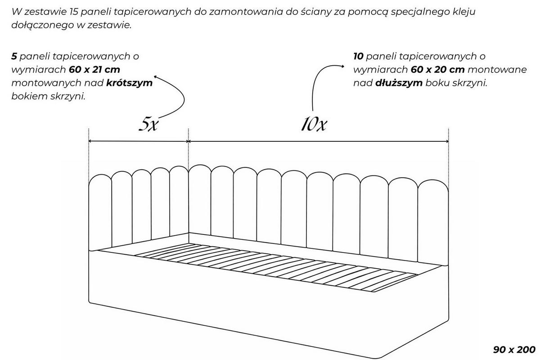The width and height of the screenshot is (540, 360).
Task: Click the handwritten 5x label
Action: pyautogui.click(x=148, y=124)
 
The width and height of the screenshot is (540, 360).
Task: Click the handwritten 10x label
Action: pyautogui.click(x=314, y=124)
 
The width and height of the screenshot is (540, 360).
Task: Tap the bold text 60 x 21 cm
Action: pyautogui.click(x=94, y=70)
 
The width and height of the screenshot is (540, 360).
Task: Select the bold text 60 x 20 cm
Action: pyautogui.click(x=437, y=70)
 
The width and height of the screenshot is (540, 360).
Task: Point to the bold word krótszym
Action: pyautogui.click(x=129, y=83)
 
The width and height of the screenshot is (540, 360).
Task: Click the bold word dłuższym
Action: pyautogui.click(x=399, y=83)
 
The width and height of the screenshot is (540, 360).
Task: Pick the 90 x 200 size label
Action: pyautogui.click(x=514, y=349)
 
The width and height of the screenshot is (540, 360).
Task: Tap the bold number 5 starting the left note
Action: pyautogui.click(x=14, y=56)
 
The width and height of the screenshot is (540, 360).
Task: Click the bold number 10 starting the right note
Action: pyautogui.click(x=358, y=56)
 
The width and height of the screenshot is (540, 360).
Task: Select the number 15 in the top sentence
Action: pyautogui.click(x=73, y=12)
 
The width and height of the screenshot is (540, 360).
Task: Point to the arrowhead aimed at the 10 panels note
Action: pyautogui.click(x=342, y=66)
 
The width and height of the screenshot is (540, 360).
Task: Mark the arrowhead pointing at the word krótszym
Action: pyautogui.click(x=156, y=77)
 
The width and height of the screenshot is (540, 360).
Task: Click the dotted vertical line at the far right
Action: pyautogui.click(x=448, y=159)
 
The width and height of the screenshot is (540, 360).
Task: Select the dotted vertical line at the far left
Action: pyautogui.click(x=89, y=157)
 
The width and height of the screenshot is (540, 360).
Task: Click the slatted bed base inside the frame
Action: pyautogui.click(x=275, y=267)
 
